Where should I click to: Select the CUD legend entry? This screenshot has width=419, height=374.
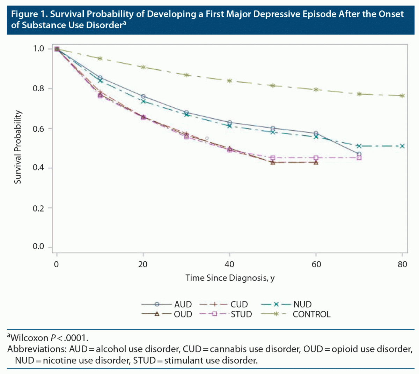[224, 304]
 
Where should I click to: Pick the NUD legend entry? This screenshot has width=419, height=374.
[286, 304]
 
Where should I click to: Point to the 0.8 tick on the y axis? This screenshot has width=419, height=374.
[38, 89]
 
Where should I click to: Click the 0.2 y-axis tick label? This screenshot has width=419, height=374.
[38, 208]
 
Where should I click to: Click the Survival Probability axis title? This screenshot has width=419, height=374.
[18, 147]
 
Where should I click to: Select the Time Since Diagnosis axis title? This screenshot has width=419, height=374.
[230, 278]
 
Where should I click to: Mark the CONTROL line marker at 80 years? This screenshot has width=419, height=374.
[402, 96]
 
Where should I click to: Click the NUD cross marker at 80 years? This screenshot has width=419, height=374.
[402, 146]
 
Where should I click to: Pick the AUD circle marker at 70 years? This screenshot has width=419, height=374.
[359, 154]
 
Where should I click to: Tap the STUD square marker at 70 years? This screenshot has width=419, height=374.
[359, 158]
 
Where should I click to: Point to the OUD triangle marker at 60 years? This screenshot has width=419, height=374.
[316, 162]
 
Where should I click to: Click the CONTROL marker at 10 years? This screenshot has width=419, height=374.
[100, 58]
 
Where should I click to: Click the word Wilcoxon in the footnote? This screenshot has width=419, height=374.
[30, 338]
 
